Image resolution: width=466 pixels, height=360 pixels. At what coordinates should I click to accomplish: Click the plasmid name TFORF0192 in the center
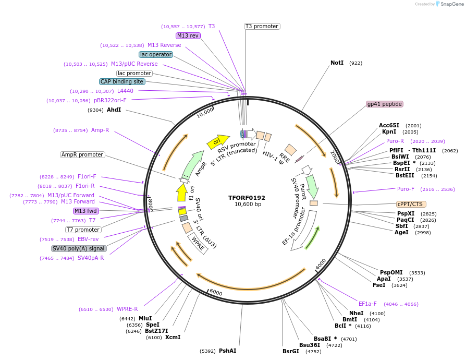coord(247,198)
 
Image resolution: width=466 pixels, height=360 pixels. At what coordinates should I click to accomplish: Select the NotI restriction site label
coord(337,63)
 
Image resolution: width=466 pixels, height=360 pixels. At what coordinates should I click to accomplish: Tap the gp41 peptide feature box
coord(385,104)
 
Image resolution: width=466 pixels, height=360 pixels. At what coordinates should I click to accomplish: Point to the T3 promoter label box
coord(262,26)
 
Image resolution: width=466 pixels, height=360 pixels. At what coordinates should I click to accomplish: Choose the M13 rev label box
coord(188,35)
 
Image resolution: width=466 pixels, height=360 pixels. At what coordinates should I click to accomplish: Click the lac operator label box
coord(156,54)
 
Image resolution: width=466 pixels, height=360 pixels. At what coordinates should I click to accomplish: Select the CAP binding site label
coord(122,81)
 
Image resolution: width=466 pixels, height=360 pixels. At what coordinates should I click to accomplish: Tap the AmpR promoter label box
coord(82,154)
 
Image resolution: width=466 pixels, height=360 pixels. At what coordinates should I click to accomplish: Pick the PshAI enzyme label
coord(227,351)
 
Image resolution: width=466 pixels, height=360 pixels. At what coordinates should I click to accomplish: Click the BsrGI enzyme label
coord(291,351)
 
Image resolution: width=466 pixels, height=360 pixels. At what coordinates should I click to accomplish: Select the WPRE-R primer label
coord(127,309)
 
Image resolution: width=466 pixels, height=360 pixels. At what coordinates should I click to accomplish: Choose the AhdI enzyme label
coord(114,110)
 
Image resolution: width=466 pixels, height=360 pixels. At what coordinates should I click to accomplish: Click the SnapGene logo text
coord(450,4)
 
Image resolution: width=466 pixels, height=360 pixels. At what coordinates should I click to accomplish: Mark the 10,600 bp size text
coord(247,205)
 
